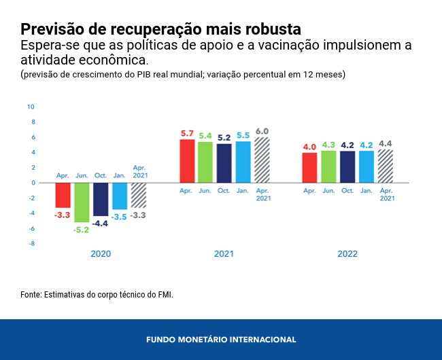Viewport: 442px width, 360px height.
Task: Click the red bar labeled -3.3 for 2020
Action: (x=63, y=195)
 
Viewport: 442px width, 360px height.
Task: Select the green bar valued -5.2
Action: (x=82, y=202)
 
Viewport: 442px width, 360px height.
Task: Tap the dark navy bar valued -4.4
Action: (x=101, y=199)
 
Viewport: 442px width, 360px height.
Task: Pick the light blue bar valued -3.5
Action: (x=120, y=196)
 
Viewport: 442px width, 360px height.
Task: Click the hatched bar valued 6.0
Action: (x=262, y=160)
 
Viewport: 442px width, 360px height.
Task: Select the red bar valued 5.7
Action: (x=188, y=161)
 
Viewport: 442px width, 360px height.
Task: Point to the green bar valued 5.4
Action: (x=205, y=162)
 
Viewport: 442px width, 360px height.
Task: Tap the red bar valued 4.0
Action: (x=309, y=168)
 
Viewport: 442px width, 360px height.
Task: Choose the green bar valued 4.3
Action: (x=328, y=166)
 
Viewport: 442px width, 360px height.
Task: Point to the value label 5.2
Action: (x=224, y=138)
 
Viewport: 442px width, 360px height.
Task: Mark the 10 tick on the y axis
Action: (x=31, y=107)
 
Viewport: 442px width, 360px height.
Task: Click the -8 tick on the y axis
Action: (x=31, y=243)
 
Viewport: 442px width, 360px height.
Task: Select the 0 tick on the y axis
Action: (x=32, y=183)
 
